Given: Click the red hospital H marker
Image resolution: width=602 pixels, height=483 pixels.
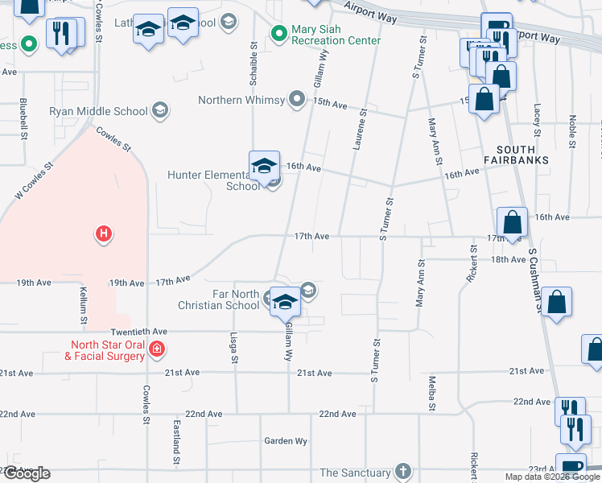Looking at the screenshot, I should pyautogui.click(x=103, y=234).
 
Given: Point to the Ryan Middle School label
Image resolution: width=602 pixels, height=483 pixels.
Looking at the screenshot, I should pyautogui.click(x=98, y=111).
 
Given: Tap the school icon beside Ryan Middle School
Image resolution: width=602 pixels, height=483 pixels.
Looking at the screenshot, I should pyautogui.click(x=159, y=111).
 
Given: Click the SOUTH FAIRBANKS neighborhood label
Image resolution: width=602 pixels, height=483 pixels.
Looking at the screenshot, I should pyautogui.click(x=516, y=155).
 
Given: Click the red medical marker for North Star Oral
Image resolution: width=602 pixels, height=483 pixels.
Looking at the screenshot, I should pyautogui.click(x=158, y=349).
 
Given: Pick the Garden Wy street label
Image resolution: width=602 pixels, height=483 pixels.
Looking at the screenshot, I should pyautogui.click(x=287, y=441).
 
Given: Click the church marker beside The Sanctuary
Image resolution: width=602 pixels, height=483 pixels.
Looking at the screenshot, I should pyautogui.click(x=402, y=472).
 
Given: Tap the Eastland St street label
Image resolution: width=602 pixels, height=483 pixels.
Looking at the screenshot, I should pyautogui.click(x=175, y=441).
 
